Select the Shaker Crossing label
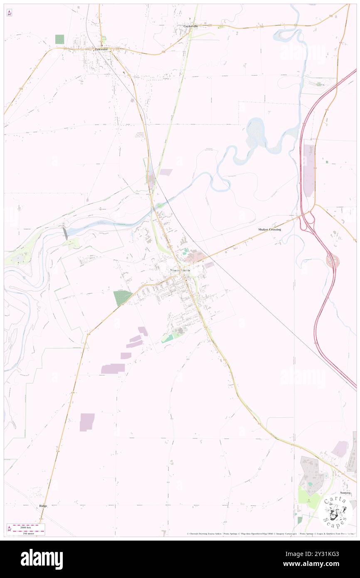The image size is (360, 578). [x=269, y=230]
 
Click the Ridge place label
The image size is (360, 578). [x=43, y=506]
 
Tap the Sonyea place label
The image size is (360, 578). [x=344, y=493]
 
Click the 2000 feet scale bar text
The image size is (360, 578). [x=29, y=526]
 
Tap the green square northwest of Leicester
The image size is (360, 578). [x=59, y=40]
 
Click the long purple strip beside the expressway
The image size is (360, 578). [x=309, y=171]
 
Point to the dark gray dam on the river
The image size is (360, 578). [x=65, y=233]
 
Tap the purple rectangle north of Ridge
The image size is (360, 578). [x=87, y=422]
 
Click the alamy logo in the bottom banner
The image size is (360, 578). [x=42, y=559]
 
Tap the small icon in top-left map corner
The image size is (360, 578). [x=9, y=13]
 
